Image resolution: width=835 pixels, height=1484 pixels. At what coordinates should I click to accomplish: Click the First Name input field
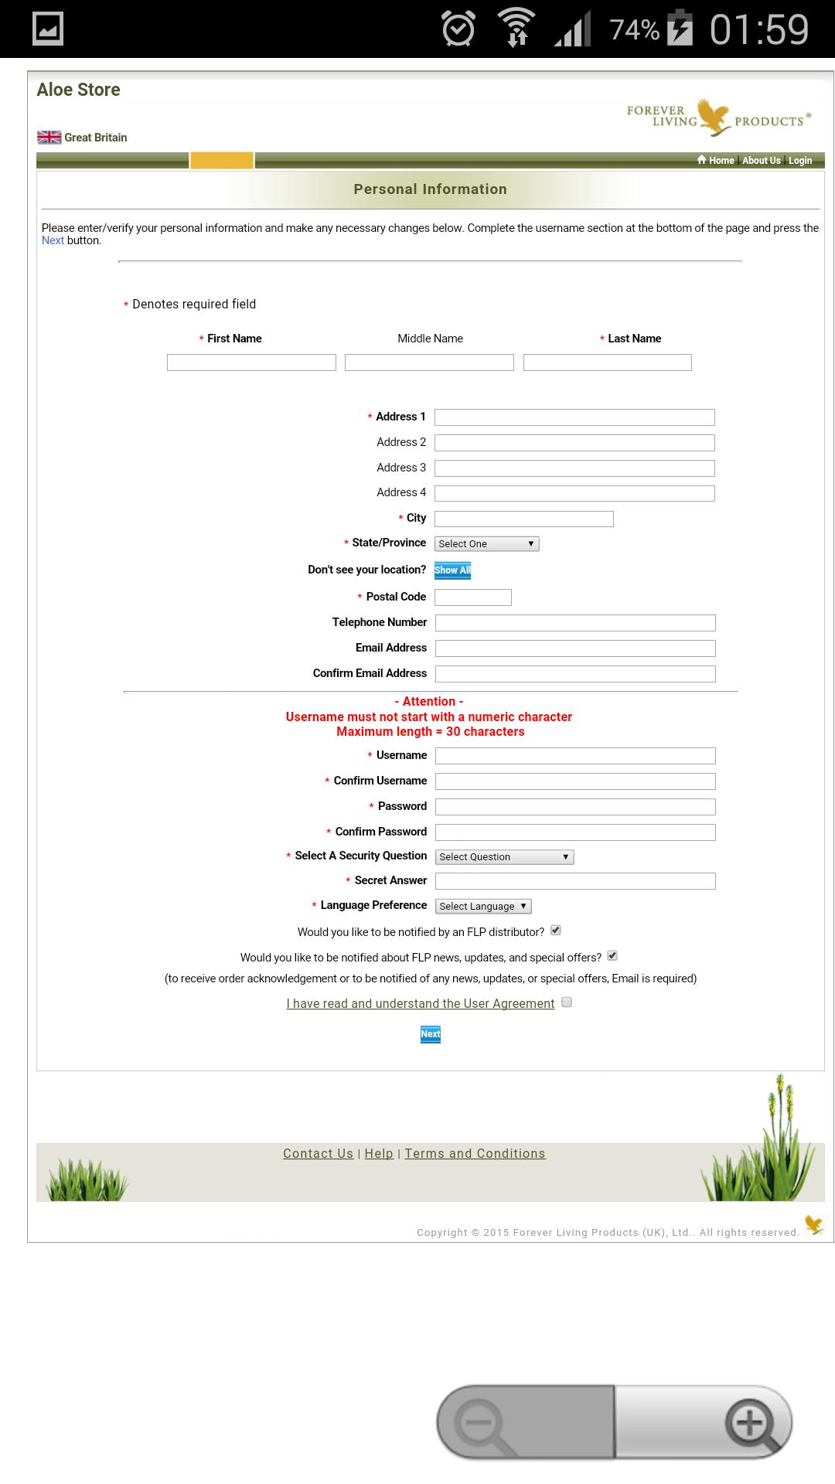coord(251,362)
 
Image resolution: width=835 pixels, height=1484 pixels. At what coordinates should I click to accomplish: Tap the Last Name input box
coord(607,362)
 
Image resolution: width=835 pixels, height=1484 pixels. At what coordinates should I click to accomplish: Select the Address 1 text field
coord(574,417)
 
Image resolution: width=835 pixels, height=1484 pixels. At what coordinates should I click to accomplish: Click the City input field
coord(524,519)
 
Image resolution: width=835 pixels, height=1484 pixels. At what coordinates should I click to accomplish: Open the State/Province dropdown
coord(486,543)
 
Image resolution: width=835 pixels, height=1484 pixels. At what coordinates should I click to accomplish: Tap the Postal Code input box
coord(473,597)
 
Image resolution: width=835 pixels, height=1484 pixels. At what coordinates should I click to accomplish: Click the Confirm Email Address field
coord(575,674)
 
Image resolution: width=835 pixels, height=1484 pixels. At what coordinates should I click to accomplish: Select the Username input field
coord(575,756)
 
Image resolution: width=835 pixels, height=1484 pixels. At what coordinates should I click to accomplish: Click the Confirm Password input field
coord(575,832)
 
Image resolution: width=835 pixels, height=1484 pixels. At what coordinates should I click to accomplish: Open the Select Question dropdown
coord(504,857)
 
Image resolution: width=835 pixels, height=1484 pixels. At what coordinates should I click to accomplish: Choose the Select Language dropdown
coord(483,907)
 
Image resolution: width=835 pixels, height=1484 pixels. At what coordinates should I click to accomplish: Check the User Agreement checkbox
coord(567,1002)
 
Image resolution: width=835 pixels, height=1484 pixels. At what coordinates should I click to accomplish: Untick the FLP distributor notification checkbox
coord(556,931)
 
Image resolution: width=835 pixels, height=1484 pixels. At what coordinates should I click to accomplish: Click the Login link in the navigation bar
coord(800,161)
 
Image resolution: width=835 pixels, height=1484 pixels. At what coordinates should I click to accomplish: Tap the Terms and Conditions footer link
coord(475,1153)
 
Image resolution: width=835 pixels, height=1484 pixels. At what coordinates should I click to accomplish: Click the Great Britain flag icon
coord(49,138)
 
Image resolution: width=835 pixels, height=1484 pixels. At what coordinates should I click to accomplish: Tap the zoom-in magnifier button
coord(748,1422)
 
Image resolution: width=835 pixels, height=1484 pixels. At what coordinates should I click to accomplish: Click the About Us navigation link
coord(762,161)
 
